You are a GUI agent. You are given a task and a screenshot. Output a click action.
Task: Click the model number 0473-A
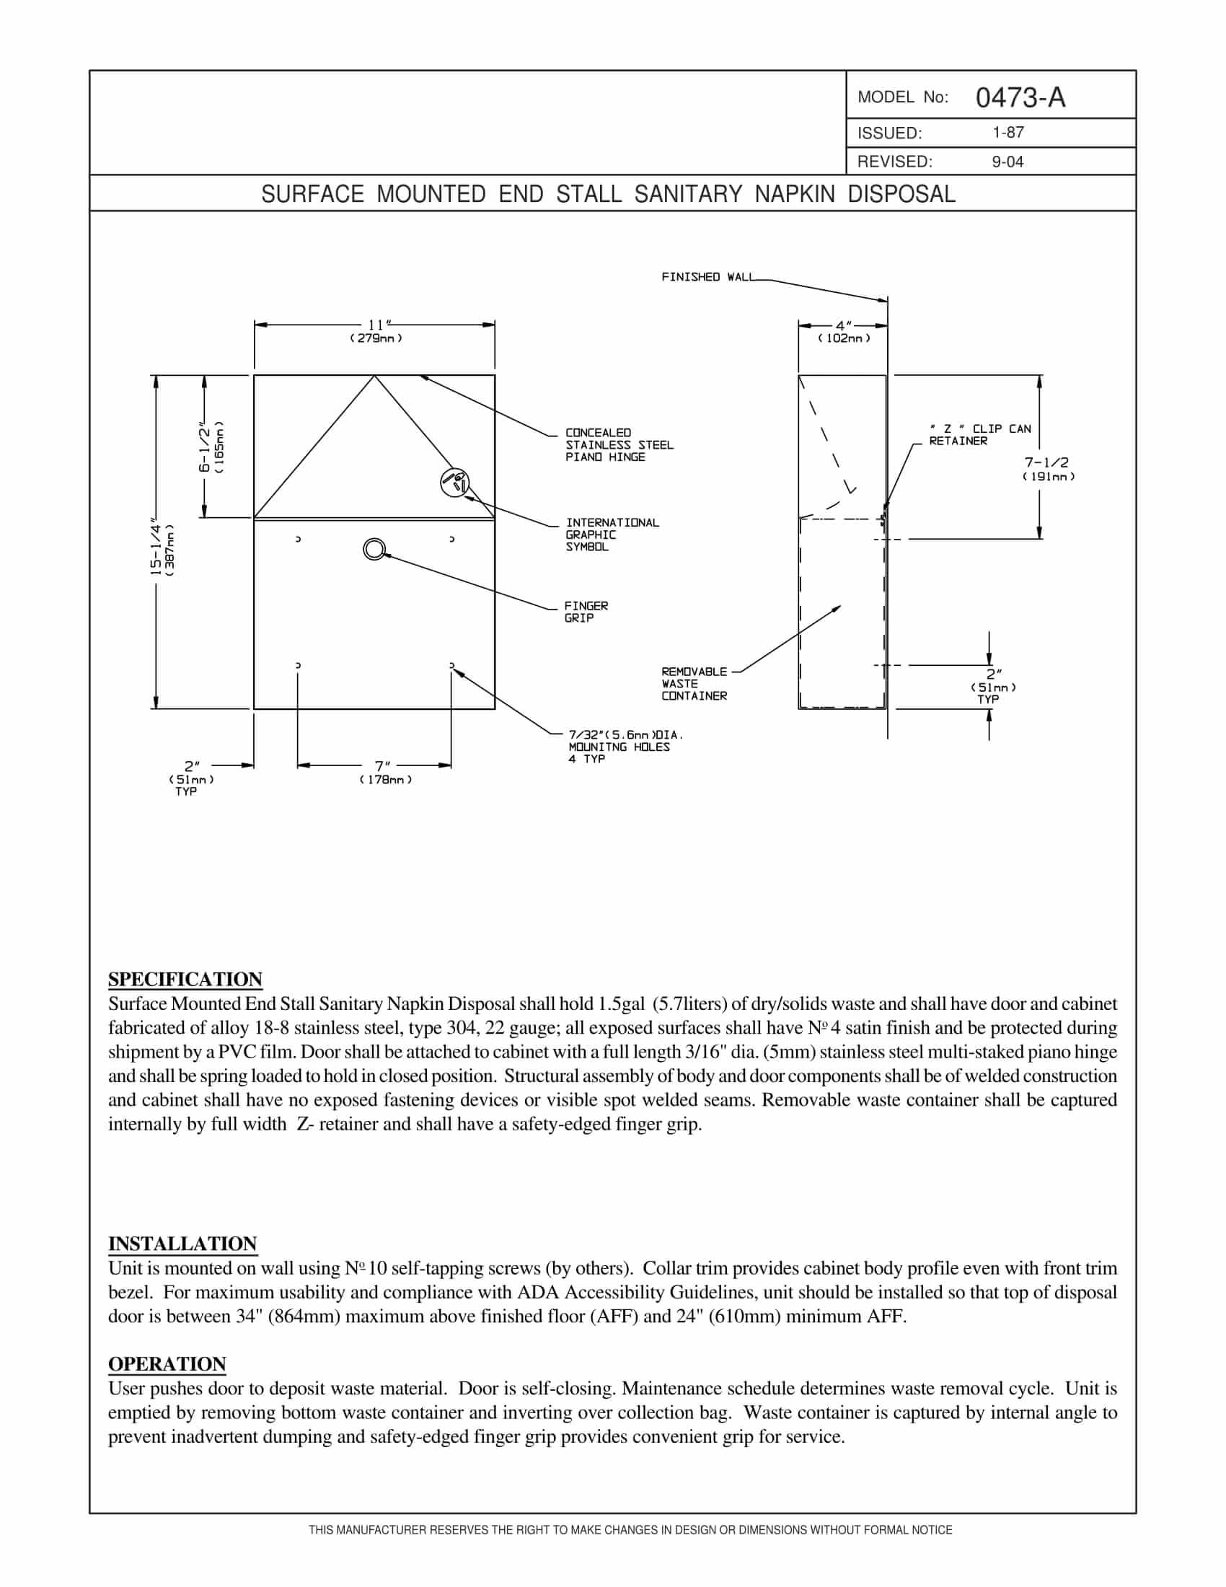coord(1020,97)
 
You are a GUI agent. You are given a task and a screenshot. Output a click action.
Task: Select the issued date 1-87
coord(1007,132)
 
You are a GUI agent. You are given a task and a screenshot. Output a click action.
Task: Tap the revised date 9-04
coord(1007,162)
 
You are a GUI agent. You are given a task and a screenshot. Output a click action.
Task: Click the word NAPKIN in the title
coord(795,194)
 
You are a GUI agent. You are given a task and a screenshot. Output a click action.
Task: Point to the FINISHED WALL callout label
coord(707,277)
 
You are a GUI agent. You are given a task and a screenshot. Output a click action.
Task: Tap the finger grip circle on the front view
coord(374,549)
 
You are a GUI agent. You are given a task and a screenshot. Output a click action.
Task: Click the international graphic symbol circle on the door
coord(454,483)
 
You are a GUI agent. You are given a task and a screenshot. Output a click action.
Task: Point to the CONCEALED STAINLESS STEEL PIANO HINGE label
coord(619,444)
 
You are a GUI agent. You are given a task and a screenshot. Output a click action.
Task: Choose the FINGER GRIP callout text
coord(586,611)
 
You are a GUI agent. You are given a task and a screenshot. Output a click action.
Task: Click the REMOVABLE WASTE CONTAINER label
coord(694,684)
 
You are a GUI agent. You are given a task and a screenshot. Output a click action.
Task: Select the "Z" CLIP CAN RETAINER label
coord(979,434)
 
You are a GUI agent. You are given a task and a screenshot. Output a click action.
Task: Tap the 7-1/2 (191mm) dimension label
coord(1047,469)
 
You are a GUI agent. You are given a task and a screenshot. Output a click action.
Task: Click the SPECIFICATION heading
coord(185,979)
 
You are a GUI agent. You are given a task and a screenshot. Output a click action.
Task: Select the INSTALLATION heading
coord(182,1244)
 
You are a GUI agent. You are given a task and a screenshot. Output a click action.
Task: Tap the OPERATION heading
coord(167,1364)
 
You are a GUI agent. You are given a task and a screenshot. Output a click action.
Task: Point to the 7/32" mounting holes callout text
coord(624,747)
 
